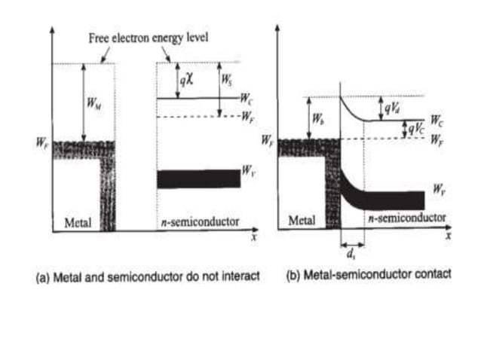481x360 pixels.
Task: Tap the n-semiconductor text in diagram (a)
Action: (x=201, y=222)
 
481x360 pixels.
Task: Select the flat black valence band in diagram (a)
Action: (x=198, y=178)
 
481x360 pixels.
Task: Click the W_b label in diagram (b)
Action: (x=316, y=120)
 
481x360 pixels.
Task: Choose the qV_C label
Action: (x=415, y=130)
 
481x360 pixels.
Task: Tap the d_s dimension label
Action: (x=352, y=255)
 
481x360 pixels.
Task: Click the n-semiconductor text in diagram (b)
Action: (x=406, y=218)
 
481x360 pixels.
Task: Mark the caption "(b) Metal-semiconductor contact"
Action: (x=369, y=275)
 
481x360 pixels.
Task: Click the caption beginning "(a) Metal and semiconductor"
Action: (x=148, y=276)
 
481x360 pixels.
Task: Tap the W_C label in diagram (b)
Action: (x=437, y=120)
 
